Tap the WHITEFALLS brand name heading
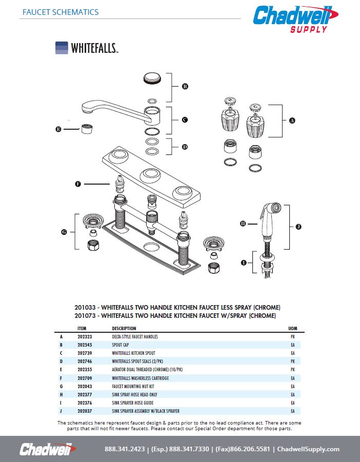94,48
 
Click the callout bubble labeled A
292,120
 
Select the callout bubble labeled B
185,87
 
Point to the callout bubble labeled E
58,130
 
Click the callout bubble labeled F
78,183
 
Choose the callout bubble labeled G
64,232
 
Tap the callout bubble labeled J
298,226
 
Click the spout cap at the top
152,79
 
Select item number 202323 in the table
85,337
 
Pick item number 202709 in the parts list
85,378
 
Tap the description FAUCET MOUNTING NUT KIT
133,386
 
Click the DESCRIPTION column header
124,328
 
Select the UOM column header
293,328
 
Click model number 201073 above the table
85,315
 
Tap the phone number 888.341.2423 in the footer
124,449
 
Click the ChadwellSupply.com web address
308,449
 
